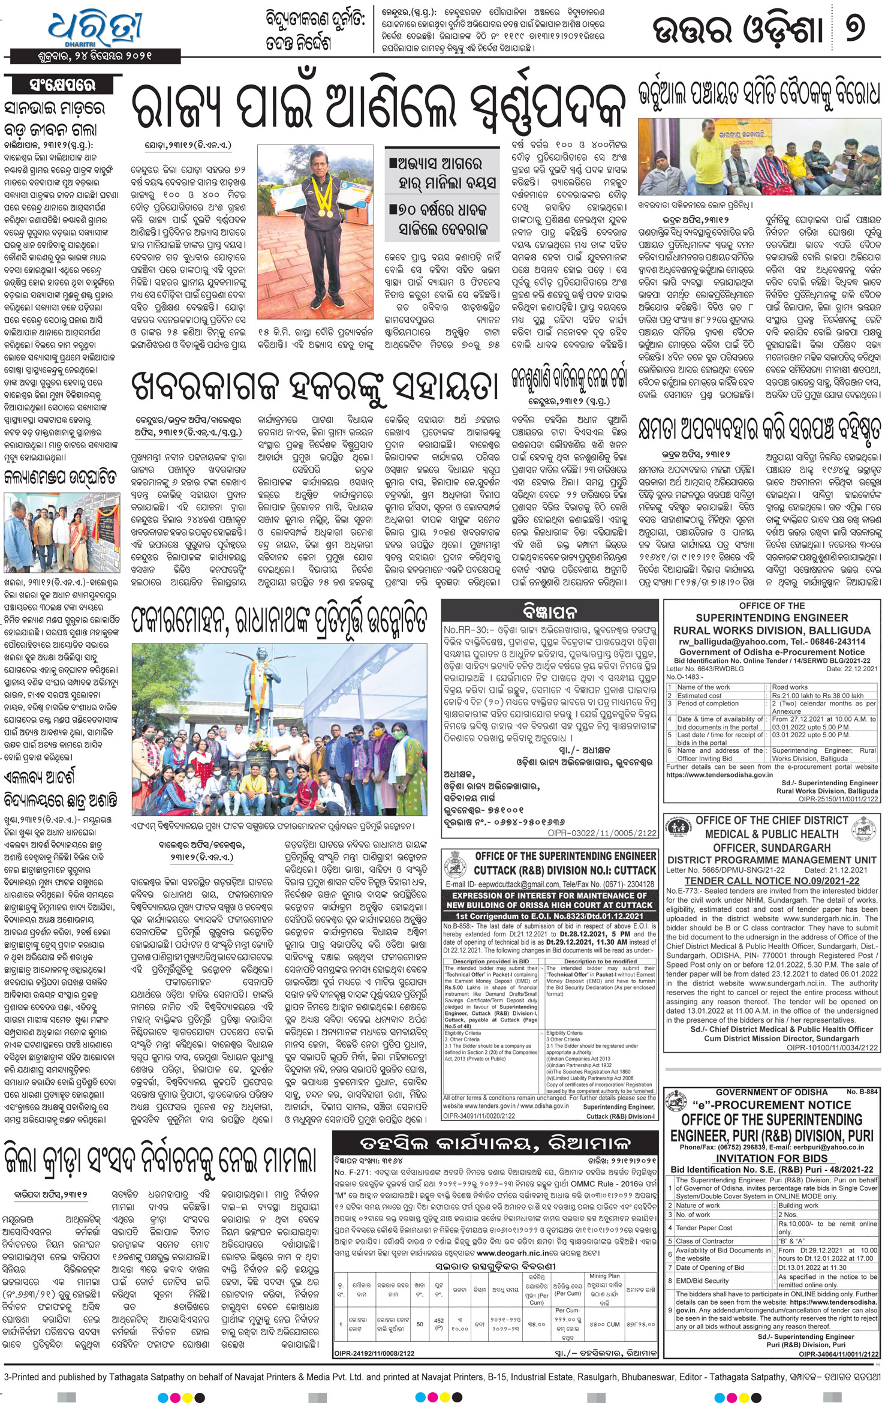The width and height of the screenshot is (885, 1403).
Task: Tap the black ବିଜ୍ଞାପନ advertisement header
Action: (x=549, y=612)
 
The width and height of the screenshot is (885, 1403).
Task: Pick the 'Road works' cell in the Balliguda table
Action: (x=790, y=687)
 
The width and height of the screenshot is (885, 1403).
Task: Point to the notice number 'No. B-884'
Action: (x=862, y=1092)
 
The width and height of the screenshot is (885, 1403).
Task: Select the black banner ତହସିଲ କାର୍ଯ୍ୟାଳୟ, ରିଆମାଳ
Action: (x=495, y=1141)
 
